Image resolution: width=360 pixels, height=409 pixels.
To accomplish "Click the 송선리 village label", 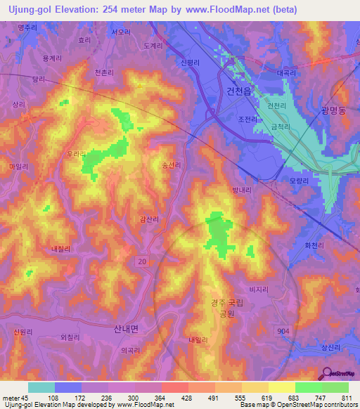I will pos(172,166).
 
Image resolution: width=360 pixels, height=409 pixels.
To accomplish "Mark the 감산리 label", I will pos(149,220).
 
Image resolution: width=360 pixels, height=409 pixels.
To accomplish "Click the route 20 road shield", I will pos(143,261).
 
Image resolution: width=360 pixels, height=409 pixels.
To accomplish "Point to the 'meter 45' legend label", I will pos(15,398).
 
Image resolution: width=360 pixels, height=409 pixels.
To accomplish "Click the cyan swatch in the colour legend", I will pos(41,387).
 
